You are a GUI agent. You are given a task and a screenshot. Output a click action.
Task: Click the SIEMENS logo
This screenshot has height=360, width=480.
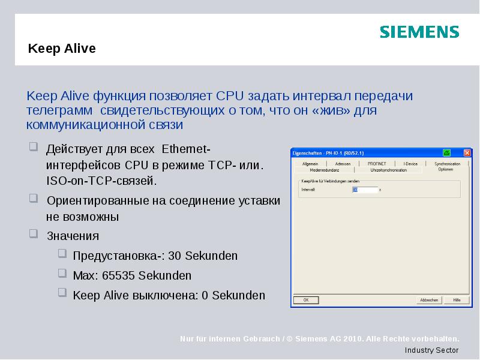[x=419, y=32]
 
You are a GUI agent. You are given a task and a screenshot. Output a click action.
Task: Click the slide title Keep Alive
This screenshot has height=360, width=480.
[x=62, y=49]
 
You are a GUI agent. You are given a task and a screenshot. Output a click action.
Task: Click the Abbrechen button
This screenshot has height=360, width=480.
[x=429, y=299]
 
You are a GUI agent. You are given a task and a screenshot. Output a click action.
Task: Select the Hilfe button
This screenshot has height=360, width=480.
[x=457, y=299]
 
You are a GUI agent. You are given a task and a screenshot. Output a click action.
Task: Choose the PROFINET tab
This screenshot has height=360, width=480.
[x=377, y=163]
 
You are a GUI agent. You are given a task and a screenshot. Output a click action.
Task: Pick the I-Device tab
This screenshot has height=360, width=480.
[x=410, y=163]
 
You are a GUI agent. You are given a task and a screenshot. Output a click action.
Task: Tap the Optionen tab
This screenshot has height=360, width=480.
[x=445, y=170]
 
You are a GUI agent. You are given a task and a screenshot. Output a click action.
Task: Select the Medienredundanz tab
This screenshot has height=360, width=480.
[x=325, y=170]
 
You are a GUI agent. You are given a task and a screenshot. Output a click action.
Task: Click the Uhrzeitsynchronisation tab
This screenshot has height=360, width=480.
[x=388, y=170]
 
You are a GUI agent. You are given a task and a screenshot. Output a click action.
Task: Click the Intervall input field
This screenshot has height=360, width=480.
[x=365, y=190]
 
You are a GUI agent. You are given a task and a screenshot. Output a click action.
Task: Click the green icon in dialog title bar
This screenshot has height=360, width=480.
[x=446, y=152]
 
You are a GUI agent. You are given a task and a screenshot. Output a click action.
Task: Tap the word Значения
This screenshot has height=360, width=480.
[x=73, y=236]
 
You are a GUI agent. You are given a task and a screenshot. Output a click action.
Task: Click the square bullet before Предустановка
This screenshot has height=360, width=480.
[x=62, y=254]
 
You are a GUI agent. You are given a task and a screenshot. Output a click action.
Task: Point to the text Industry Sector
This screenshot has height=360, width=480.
[x=431, y=350]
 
